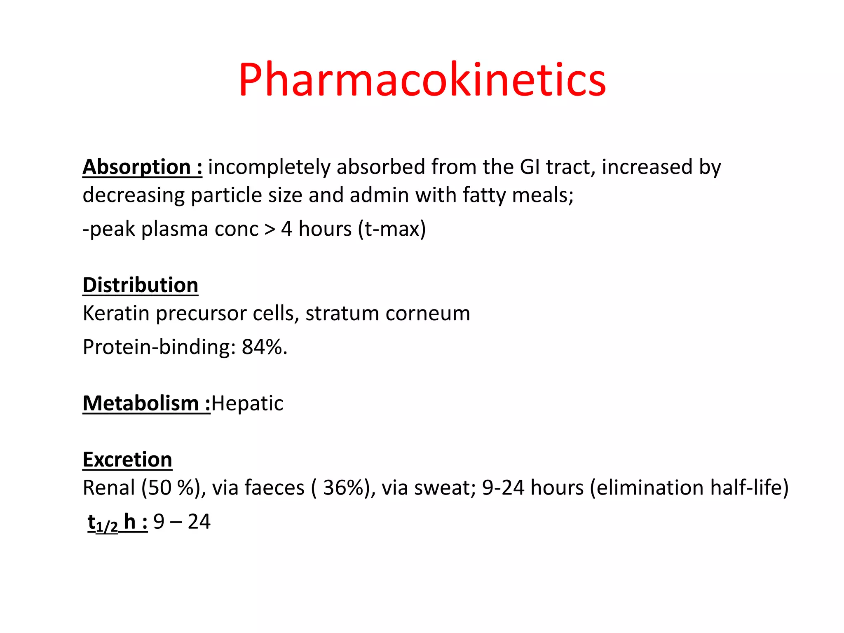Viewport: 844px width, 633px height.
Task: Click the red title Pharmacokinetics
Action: pos(422,80)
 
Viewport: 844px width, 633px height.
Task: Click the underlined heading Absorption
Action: pos(136,167)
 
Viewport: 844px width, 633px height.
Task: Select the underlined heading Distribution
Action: pos(140,285)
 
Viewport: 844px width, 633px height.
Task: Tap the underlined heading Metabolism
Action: pos(141,403)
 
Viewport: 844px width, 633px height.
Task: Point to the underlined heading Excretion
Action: pos(127,460)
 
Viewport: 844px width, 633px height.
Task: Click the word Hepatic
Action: pos(247,403)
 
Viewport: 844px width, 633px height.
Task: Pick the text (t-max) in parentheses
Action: pos(392,229)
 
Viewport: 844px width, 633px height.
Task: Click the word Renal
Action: pos(109,488)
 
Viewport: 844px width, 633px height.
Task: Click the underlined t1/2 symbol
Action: pos(103,523)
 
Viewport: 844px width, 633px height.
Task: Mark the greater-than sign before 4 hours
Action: pos(270,229)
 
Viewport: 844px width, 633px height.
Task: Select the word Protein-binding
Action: pos(156,347)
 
